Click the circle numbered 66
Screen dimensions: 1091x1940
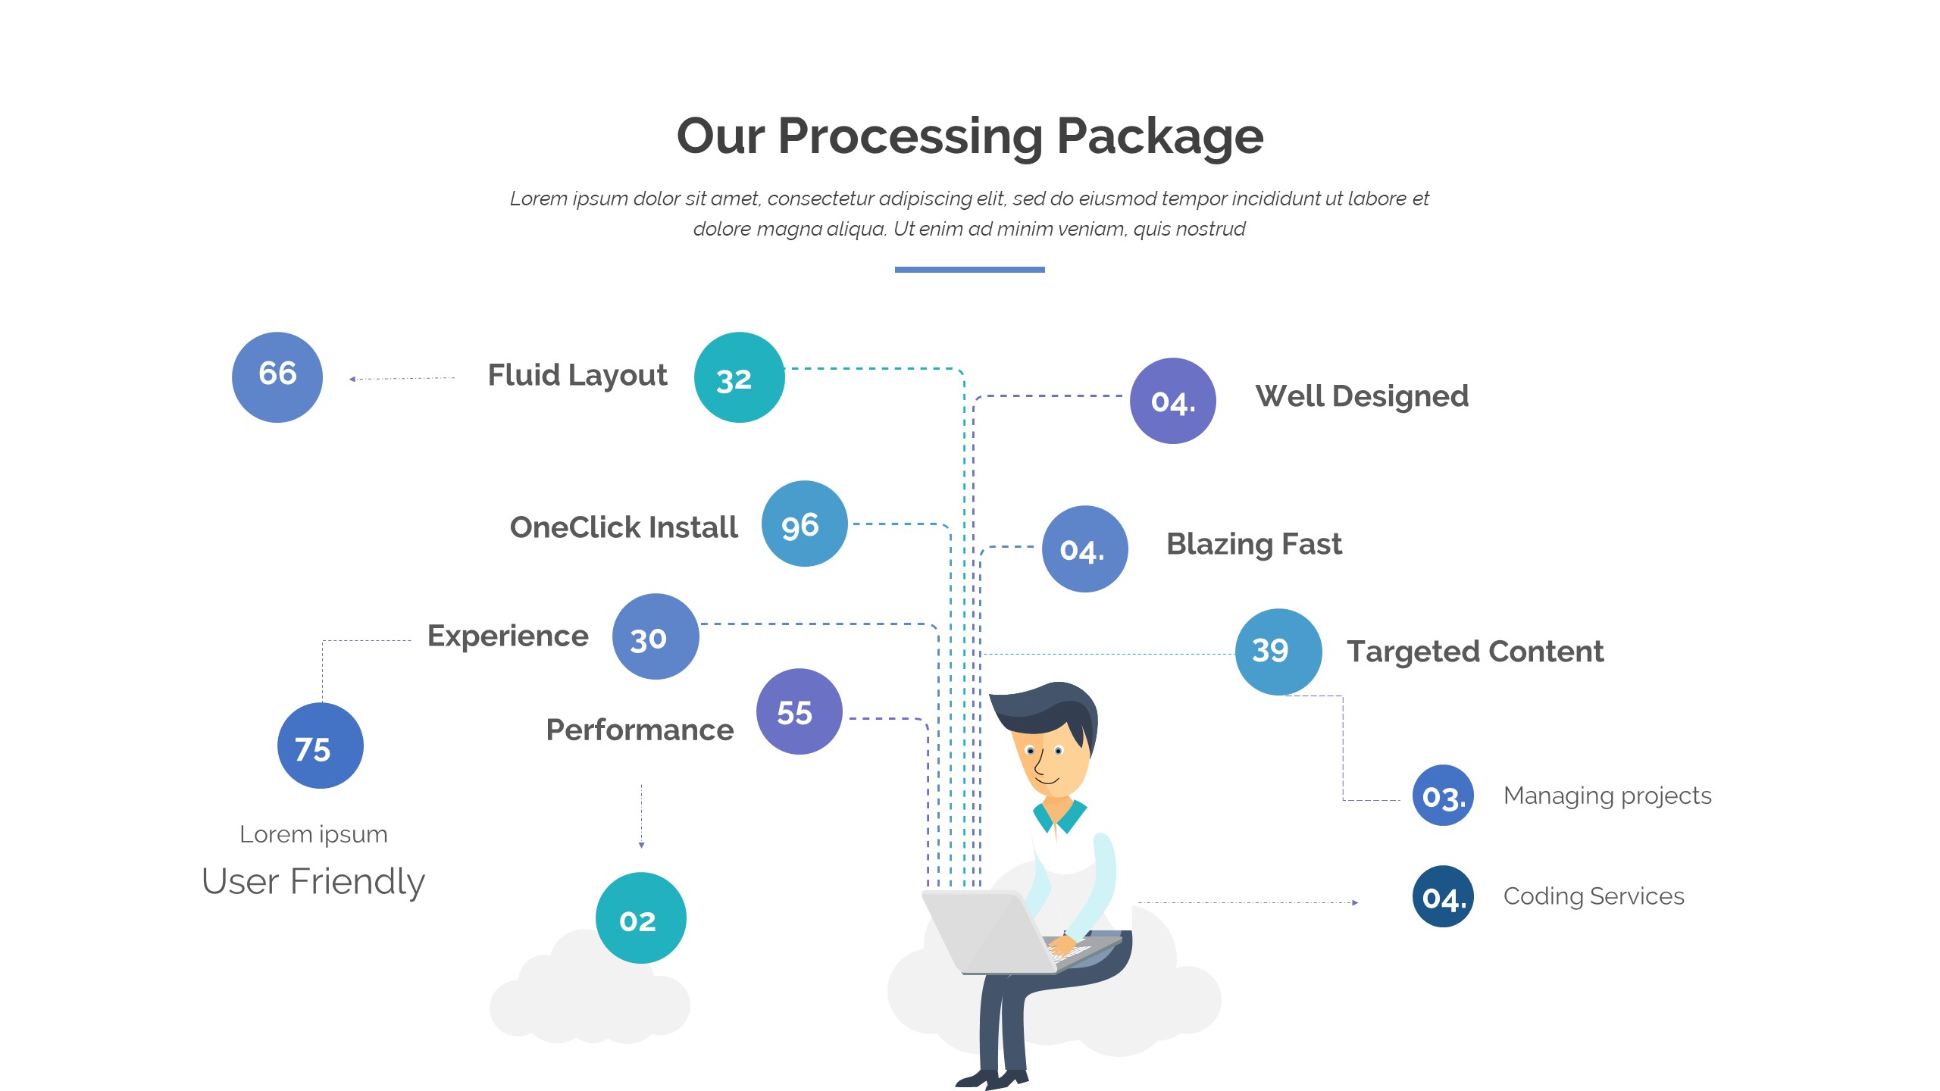pyautogui.click(x=277, y=377)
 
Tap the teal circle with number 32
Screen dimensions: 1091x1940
pyautogui.click(x=739, y=377)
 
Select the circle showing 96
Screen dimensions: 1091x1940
pyautogui.click(x=804, y=524)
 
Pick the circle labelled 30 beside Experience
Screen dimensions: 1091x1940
pyautogui.click(x=656, y=636)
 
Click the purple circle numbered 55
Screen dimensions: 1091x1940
pyautogui.click(x=799, y=711)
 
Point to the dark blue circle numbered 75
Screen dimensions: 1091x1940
pyautogui.click(x=320, y=746)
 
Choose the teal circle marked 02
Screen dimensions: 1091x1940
pyautogui.click(x=640, y=918)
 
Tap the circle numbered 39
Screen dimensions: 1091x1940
pyautogui.click(x=1278, y=652)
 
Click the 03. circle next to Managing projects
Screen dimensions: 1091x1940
pyautogui.click(x=1443, y=796)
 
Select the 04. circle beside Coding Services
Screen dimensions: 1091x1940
pyautogui.click(x=1443, y=896)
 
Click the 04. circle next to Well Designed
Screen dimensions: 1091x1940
pyautogui.click(x=1172, y=401)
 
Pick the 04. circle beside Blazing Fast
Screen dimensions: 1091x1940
pyautogui.click(x=1084, y=549)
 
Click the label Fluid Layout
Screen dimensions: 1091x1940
pyautogui.click(x=577, y=375)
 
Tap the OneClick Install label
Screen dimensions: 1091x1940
pyautogui.click(x=624, y=527)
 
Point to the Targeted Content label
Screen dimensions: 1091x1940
pyautogui.click(x=1475, y=652)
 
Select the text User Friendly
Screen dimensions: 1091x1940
pyautogui.click(x=313, y=881)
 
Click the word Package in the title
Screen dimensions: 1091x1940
pyautogui.click(x=1159, y=136)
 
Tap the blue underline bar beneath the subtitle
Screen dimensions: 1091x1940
pyautogui.click(x=969, y=270)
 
